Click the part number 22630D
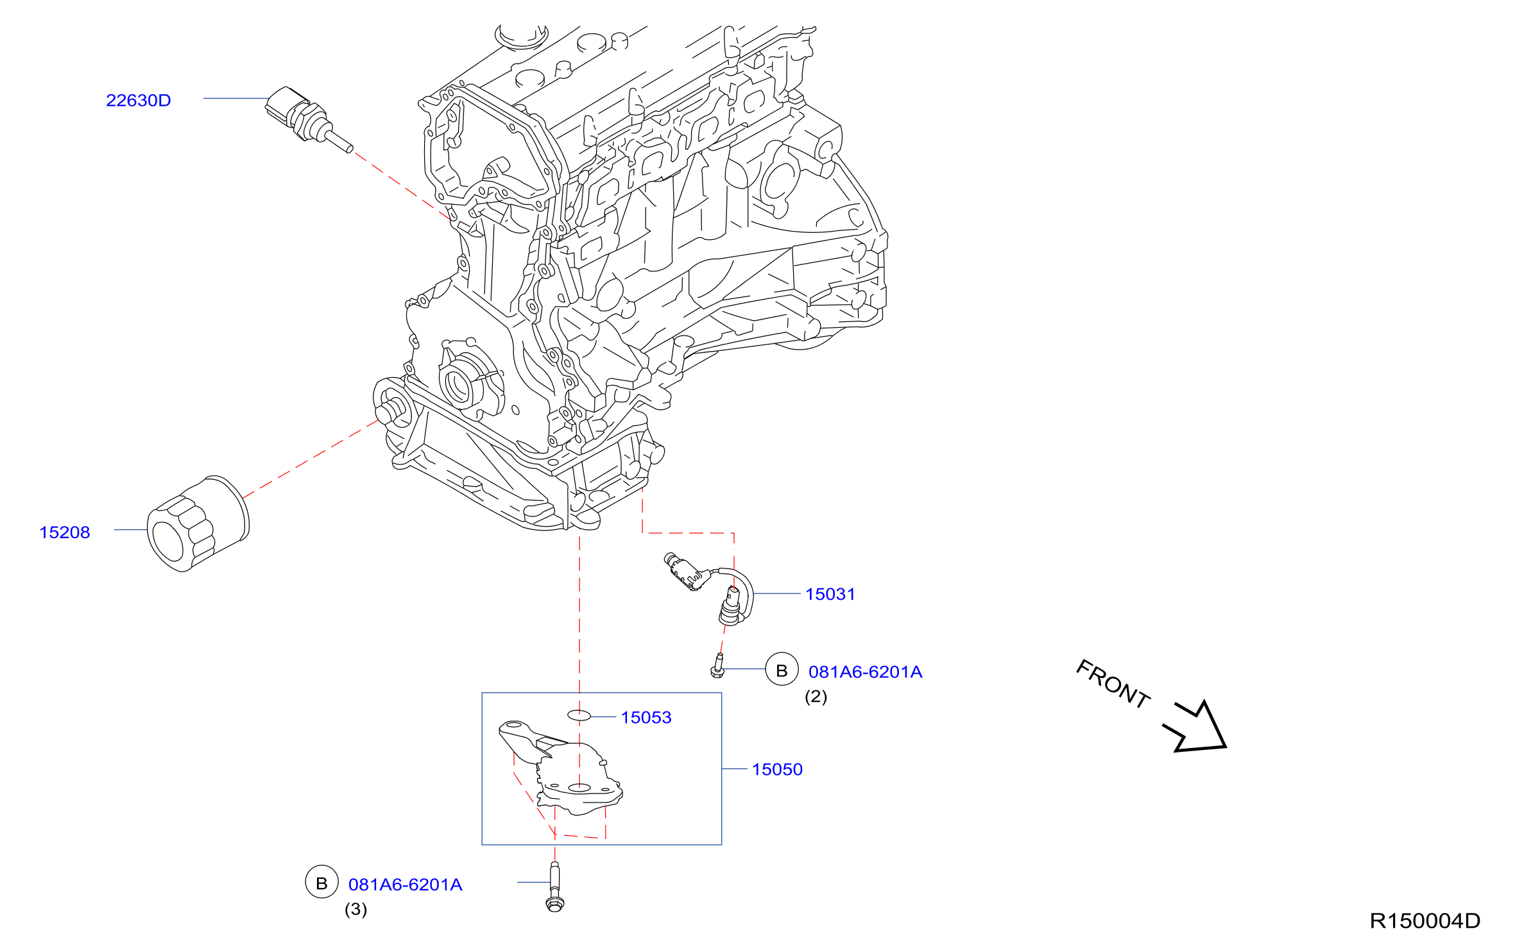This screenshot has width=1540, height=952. click(139, 101)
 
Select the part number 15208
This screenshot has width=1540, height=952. click(65, 532)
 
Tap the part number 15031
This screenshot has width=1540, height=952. click(830, 594)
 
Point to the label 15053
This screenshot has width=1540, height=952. click(646, 717)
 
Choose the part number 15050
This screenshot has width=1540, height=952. click(777, 769)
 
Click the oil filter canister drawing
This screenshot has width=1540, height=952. click(198, 523)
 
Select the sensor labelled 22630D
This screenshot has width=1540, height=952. click(308, 119)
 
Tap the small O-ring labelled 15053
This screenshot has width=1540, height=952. click(579, 715)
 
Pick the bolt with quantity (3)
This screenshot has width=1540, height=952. click(555, 887)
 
